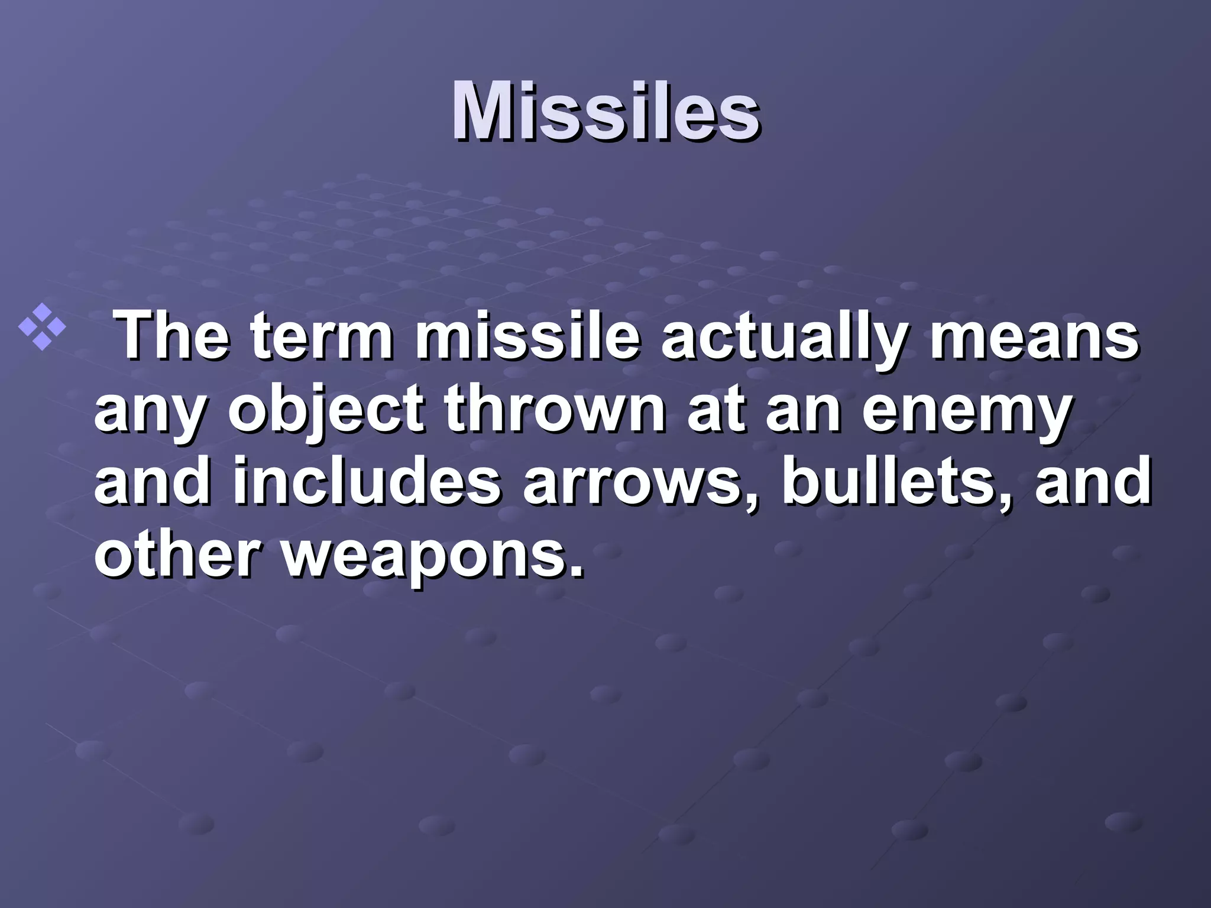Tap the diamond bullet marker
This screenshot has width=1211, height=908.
pos(42,327)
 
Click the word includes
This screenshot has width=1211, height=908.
pos(367,482)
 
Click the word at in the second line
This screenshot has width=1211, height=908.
pos(715,411)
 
